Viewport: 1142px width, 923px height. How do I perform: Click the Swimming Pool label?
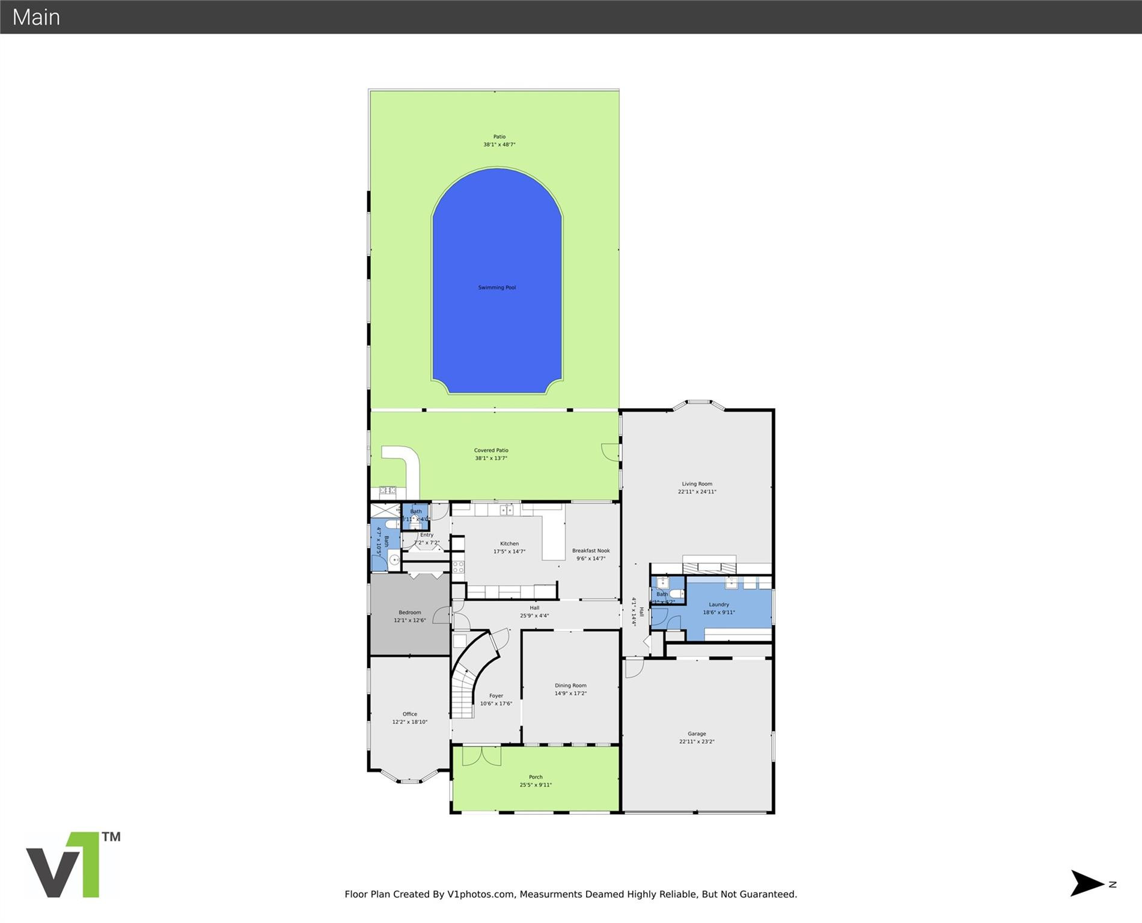(x=496, y=288)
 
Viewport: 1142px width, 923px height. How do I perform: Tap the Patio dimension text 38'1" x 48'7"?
(x=499, y=145)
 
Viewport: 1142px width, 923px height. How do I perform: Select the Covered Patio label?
(x=491, y=450)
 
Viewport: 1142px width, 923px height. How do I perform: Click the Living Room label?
(x=697, y=484)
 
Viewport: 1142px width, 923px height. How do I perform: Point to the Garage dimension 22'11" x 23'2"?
(x=697, y=742)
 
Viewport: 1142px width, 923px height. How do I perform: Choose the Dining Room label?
(x=570, y=686)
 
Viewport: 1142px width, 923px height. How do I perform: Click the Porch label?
(x=536, y=777)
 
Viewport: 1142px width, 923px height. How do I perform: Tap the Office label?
(x=410, y=714)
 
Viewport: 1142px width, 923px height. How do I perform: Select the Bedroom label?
(x=410, y=612)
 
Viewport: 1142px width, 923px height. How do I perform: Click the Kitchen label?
(x=509, y=544)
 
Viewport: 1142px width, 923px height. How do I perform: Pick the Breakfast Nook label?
(x=591, y=550)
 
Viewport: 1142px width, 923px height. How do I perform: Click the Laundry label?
(x=719, y=605)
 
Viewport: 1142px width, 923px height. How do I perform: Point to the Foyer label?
(x=496, y=696)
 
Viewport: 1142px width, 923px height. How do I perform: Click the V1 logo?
(x=72, y=865)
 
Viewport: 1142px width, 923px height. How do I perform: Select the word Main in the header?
(x=36, y=17)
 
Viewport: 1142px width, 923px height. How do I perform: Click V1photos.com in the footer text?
(x=481, y=894)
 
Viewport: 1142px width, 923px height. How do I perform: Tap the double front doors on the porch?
(x=481, y=756)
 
